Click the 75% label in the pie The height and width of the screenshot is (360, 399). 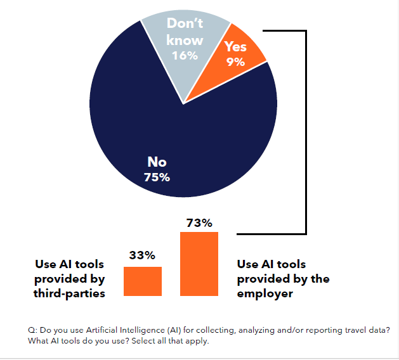click(157, 177)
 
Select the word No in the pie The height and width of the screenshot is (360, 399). click(157, 163)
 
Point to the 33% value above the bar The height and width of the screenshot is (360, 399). click(142, 255)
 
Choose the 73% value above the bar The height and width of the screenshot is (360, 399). click(199, 222)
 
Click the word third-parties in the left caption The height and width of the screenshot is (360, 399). click(69, 293)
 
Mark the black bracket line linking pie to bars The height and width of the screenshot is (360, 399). click(306, 133)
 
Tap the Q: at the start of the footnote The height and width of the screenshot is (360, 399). click(32, 330)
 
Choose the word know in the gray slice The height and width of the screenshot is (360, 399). click(185, 41)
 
